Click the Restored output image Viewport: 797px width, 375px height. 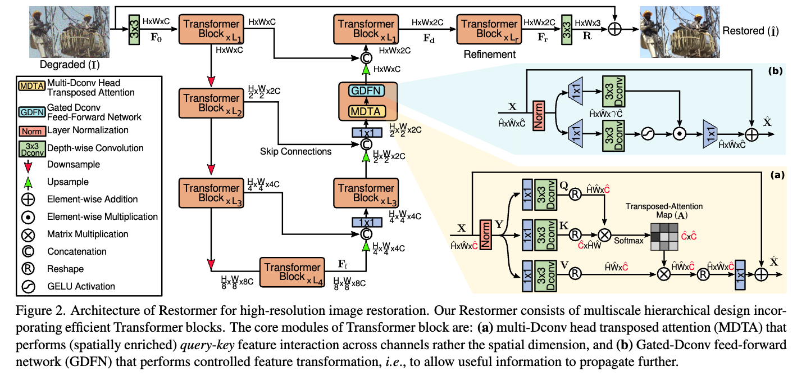677,29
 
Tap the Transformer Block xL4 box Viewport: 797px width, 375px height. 293,272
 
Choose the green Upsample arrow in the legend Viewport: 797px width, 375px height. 28,182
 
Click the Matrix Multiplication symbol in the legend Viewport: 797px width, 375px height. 28,234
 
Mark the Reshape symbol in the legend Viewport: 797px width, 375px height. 28,269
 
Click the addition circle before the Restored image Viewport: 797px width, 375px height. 616,29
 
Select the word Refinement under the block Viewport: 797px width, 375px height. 489,55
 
